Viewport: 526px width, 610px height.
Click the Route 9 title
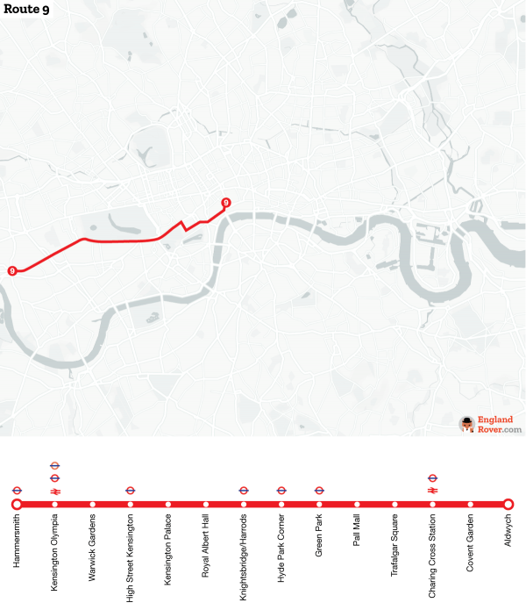pos(26,10)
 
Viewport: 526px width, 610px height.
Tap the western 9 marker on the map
pos(12,270)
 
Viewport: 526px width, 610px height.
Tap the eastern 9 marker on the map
pos(226,203)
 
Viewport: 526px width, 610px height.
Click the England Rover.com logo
pos(491,425)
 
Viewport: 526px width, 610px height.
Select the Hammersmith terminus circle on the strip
pos(17,504)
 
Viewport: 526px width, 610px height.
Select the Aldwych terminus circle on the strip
pos(508,504)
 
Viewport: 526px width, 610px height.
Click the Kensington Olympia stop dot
pos(54,504)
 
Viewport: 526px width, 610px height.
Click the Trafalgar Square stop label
pos(395,544)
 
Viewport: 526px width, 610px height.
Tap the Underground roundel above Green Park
pos(319,491)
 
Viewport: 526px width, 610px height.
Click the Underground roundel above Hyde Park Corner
pos(281,491)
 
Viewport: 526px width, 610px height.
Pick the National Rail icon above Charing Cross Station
pos(432,491)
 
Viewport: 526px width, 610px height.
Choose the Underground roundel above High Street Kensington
pos(131,491)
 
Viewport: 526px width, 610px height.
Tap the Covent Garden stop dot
pos(471,504)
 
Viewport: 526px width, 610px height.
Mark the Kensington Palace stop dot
pos(168,504)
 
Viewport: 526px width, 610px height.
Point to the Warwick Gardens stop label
pos(93,544)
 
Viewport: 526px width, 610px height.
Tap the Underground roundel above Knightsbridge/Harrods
pos(244,491)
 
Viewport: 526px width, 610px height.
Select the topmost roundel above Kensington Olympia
pos(54,465)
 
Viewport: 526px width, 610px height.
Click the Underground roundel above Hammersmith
pos(17,491)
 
